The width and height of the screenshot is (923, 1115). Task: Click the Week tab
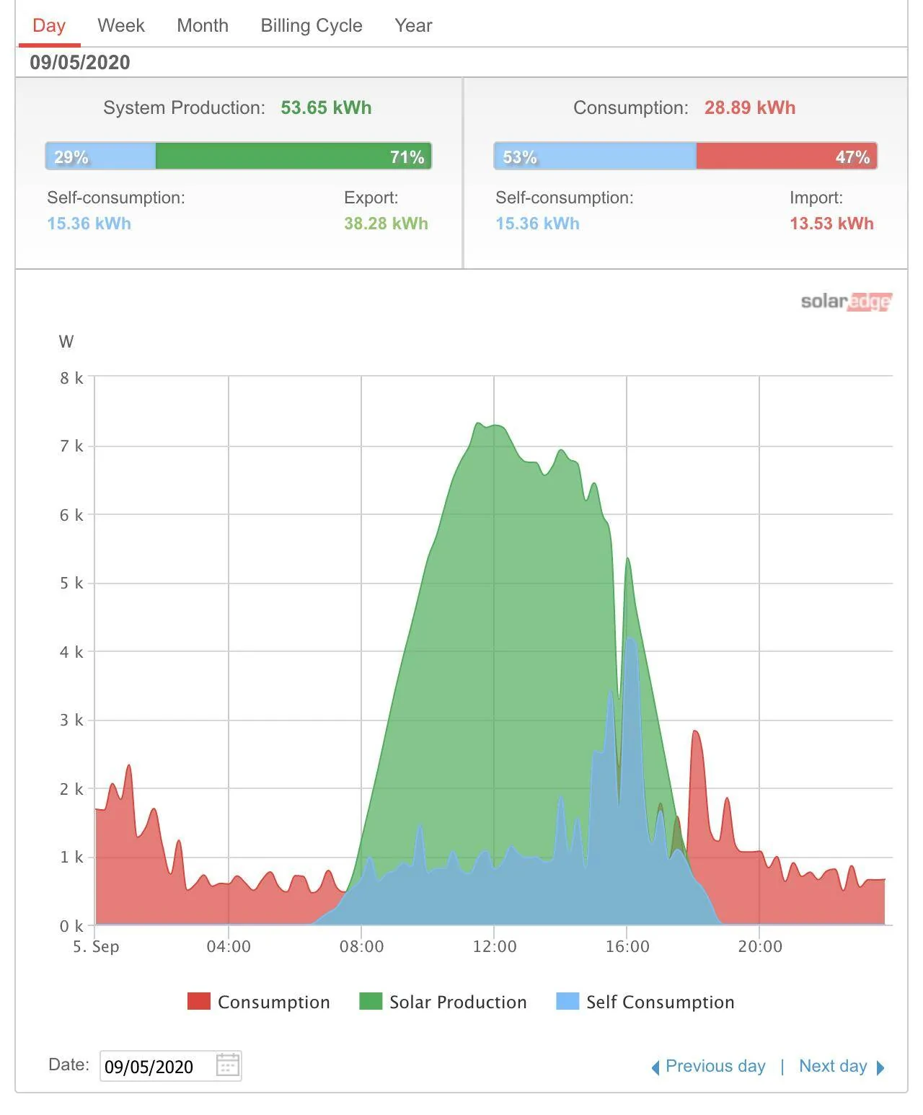tap(120, 25)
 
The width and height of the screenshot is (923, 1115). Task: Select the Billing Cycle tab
tap(311, 26)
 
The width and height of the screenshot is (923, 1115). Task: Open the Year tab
tap(412, 25)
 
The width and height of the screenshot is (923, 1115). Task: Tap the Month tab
tap(203, 25)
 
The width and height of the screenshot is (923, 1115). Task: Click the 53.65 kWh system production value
tap(326, 107)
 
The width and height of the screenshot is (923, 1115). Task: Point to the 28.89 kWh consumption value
tap(749, 107)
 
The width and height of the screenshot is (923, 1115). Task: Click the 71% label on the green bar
tap(406, 157)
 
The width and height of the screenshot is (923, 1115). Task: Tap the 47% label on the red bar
tap(852, 157)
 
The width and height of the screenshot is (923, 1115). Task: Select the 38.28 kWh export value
tap(386, 223)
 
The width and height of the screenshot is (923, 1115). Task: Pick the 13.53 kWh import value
tap(831, 223)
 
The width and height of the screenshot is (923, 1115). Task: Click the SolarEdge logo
tap(846, 301)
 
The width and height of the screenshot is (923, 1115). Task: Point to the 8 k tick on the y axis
tap(71, 377)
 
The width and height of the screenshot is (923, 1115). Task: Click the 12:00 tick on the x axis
tap(494, 946)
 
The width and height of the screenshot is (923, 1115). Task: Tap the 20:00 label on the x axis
tap(759, 946)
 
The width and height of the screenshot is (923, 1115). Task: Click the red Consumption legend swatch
tap(198, 1001)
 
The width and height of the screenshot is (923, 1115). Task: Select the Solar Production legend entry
tap(443, 1001)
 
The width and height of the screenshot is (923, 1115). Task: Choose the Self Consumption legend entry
tap(645, 1001)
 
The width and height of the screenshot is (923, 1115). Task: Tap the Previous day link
tap(708, 1066)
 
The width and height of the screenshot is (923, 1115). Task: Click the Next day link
tap(841, 1066)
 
